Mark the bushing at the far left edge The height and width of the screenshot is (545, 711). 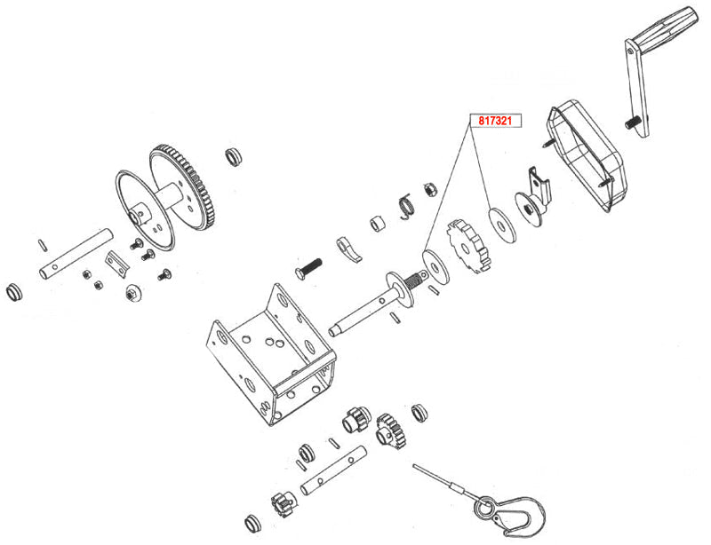[14, 293]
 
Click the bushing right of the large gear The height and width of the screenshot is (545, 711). [236, 157]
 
